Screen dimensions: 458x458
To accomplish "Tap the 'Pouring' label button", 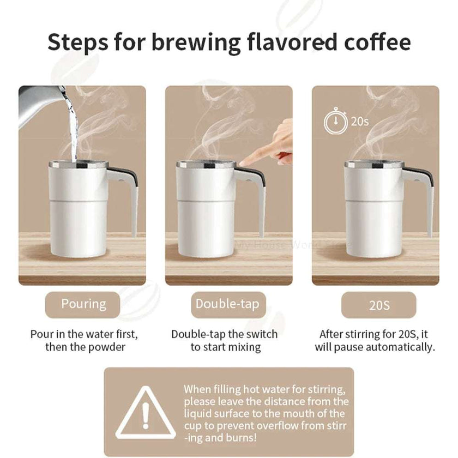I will point(83,304).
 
